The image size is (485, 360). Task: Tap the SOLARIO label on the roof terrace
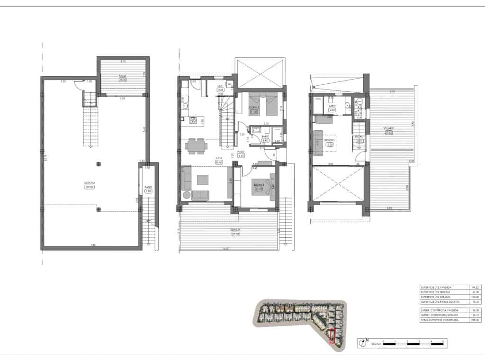(x=389, y=128)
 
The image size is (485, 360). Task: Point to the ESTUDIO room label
(x=330, y=140)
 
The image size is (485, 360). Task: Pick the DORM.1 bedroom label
(x=258, y=185)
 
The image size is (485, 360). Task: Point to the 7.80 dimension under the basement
(x=93, y=245)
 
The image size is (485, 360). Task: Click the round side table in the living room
(x=186, y=195)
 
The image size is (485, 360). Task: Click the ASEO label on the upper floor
(x=332, y=106)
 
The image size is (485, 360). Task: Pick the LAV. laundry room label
(x=220, y=86)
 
